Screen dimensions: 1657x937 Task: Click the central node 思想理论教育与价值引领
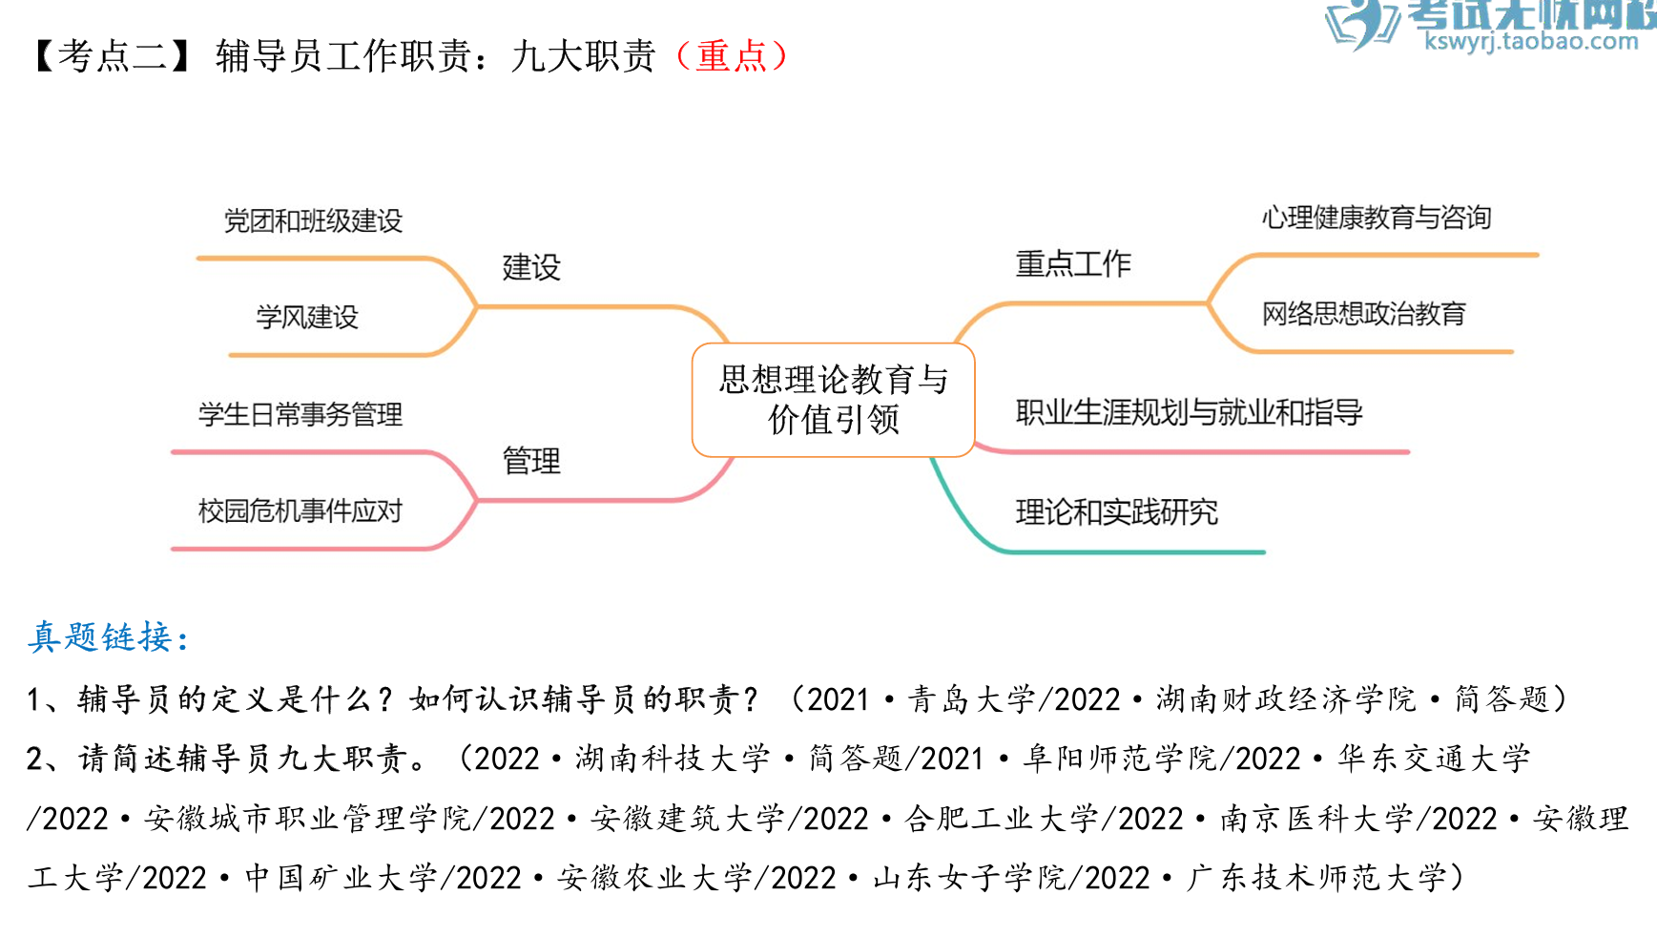pyautogui.click(x=833, y=400)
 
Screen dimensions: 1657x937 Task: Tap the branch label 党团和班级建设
pyautogui.click(x=313, y=221)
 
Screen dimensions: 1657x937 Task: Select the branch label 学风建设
pyautogui.click(x=307, y=317)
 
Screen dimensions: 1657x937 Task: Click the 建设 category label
pyautogui.click(x=531, y=267)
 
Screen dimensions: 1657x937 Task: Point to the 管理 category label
pyautogui.click(x=531, y=461)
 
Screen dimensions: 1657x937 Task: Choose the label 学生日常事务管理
pyautogui.click(x=300, y=414)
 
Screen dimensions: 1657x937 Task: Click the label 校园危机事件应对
pyautogui.click(x=300, y=511)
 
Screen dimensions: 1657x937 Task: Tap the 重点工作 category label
pyautogui.click(x=1073, y=263)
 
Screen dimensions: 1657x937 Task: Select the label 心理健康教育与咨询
pyautogui.click(x=1377, y=218)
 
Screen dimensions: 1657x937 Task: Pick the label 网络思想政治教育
pyautogui.click(x=1363, y=314)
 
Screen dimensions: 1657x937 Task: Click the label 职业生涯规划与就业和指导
pyautogui.click(x=1189, y=412)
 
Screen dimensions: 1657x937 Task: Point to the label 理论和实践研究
pyautogui.click(x=1116, y=512)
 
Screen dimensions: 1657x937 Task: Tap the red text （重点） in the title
pyautogui.click(x=732, y=56)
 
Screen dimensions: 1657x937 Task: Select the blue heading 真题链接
pyautogui.click(x=107, y=636)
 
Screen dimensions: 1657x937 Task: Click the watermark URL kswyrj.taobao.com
pyautogui.click(x=1531, y=41)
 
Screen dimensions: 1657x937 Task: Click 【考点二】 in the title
pyautogui.click(x=113, y=56)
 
